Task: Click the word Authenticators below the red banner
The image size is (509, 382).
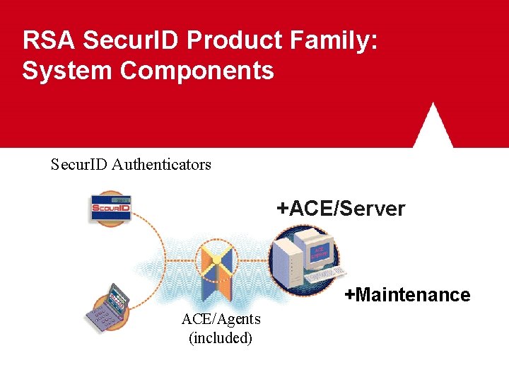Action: [x=162, y=165]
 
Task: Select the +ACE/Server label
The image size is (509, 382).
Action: [x=341, y=209]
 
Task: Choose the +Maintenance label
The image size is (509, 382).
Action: [x=407, y=295]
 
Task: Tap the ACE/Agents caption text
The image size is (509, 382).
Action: [x=221, y=319]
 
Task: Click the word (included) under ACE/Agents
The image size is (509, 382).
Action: [x=221, y=337]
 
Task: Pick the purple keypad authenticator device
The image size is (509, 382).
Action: [x=108, y=308]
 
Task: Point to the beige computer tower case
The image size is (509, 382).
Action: [x=288, y=262]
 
